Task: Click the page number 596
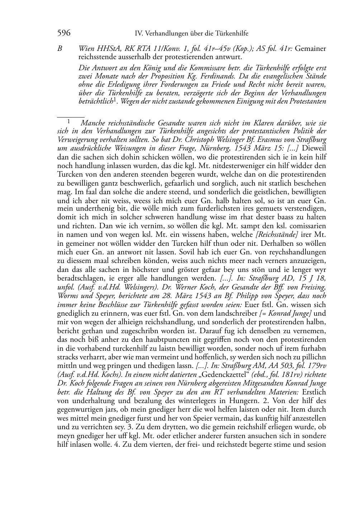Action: [63, 33]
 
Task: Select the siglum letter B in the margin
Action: [60, 48]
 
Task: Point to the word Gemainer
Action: [311, 48]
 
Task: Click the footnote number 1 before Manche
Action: [68, 121]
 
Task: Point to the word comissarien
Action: [308, 226]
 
